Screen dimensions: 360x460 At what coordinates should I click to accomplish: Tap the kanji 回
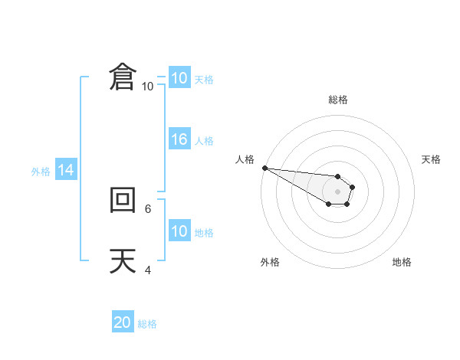123,201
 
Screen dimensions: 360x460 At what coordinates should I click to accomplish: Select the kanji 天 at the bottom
123,261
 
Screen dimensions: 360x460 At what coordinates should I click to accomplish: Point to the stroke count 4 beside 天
148,270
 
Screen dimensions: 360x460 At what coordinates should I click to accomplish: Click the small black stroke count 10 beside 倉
147,87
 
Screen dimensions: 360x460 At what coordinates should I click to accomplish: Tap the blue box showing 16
179,139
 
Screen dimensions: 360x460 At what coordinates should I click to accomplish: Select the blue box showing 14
66,170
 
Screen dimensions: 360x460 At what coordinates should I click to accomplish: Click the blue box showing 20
123,322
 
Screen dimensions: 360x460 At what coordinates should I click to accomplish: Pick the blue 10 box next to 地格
179,231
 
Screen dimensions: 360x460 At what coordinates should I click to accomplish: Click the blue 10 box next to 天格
179,78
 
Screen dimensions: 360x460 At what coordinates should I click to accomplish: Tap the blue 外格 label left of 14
41,172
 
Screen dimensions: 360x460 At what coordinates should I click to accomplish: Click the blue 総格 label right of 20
147,324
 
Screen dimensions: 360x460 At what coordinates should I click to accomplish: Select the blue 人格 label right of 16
204,141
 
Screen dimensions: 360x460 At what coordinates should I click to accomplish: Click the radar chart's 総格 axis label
338,100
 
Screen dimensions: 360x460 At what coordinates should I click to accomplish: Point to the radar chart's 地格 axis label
402,262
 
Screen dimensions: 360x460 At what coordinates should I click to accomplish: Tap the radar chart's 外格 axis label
270,262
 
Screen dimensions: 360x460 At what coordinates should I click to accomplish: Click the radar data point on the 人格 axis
264,168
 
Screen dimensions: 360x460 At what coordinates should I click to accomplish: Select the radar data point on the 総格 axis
338,176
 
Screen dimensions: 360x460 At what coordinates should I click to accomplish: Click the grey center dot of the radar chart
338,191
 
